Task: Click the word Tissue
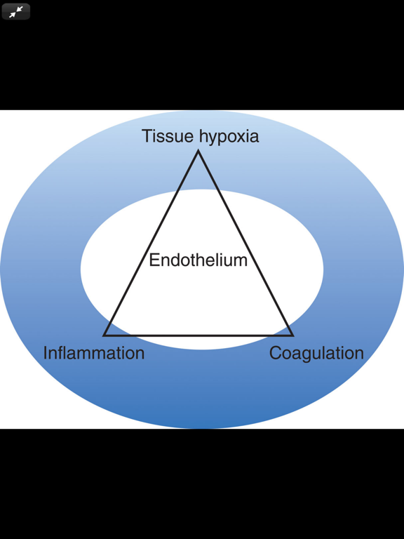(168, 135)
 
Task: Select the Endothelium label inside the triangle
(198, 260)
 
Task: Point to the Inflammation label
(94, 353)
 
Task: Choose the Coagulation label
(316, 354)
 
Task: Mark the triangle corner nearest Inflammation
(104, 335)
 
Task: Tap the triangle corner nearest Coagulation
(292, 335)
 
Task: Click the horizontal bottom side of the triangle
(198, 335)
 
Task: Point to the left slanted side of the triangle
(151, 243)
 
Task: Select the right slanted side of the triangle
(245, 243)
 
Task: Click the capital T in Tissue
(147, 135)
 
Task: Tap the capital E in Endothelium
(154, 260)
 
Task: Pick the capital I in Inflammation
(46, 353)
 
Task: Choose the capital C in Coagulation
(276, 353)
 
